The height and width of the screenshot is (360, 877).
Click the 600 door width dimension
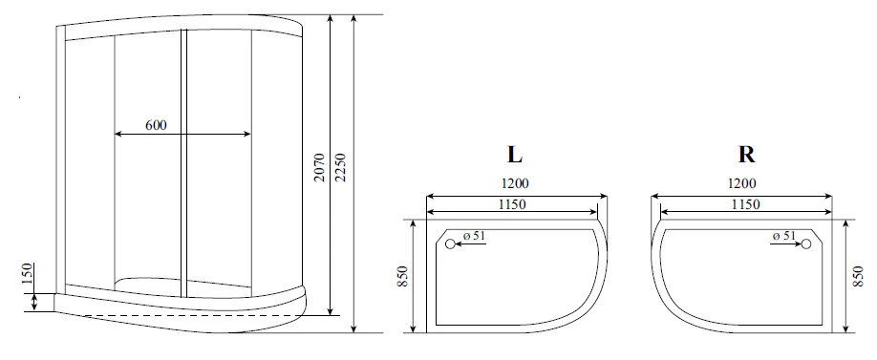[x=156, y=126]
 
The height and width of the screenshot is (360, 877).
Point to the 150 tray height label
[x=28, y=274]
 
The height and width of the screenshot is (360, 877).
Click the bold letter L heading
[x=515, y=155]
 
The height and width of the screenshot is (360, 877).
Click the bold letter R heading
[x=747, y=155]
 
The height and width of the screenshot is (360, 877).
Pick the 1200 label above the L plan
[x=515, y=183]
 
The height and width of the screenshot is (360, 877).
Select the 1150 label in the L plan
[x=512, y=204]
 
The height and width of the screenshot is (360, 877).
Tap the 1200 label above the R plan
[x=742, y=183]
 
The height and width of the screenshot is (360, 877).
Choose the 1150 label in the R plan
[x=745, y=204]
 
